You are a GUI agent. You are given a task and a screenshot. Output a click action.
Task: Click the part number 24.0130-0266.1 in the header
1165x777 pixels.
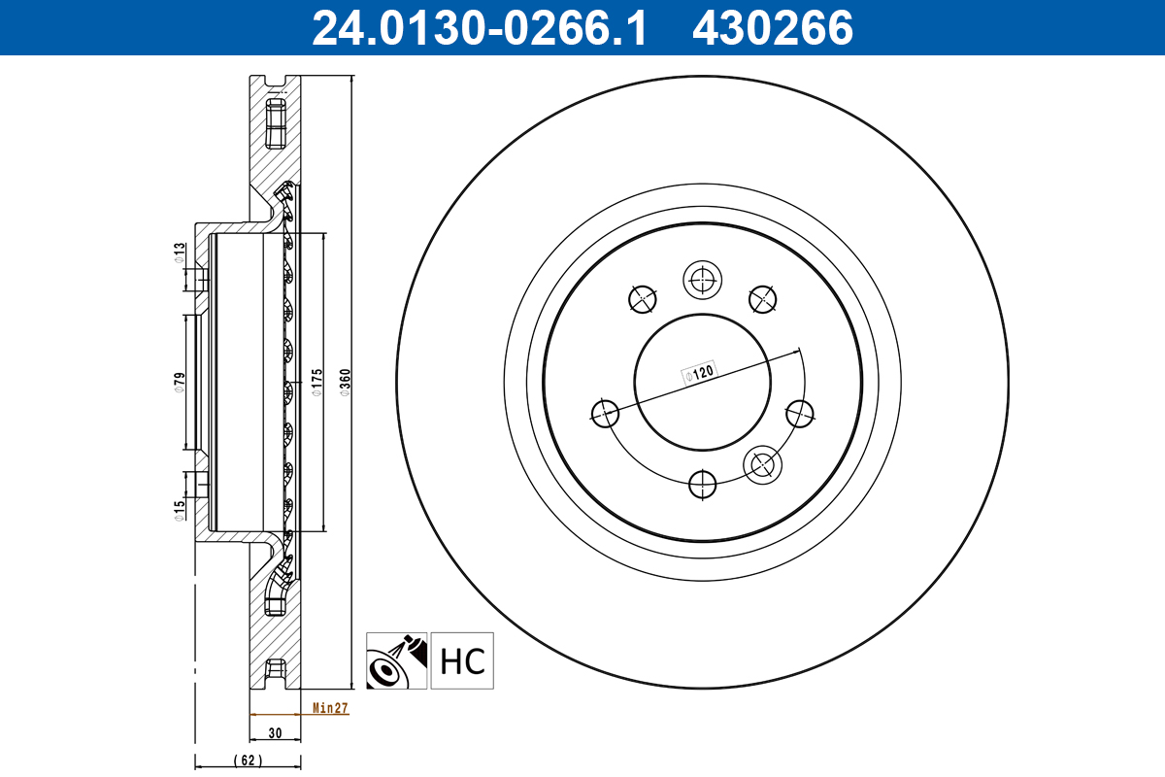click(478, 28)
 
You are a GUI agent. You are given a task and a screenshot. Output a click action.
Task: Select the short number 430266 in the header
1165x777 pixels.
click(772, 28)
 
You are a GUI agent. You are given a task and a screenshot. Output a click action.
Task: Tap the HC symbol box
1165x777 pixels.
click(462, 660)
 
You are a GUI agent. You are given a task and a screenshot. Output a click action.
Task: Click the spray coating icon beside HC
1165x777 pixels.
click(396, 660)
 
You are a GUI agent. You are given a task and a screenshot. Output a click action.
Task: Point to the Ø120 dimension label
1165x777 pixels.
click(699, 372)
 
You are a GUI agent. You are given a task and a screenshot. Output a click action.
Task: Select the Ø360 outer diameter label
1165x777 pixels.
click(344, 386)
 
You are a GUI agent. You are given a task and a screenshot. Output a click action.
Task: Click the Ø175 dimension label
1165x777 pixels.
click(316, 383)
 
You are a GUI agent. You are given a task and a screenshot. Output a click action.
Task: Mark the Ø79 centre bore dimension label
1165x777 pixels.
click(180, 381)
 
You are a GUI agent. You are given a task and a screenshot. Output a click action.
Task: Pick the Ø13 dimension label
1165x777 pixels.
click(180, 253)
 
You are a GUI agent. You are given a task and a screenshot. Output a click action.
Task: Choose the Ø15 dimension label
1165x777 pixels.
click(180, 511)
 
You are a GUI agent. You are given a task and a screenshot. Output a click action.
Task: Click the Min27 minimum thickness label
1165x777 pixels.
click(330, 708)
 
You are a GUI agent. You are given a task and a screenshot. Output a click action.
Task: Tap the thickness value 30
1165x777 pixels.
click(275, 733)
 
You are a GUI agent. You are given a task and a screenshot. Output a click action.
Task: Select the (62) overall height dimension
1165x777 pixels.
click(249, 760)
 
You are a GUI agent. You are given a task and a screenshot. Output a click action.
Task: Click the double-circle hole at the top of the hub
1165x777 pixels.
click(701, 282)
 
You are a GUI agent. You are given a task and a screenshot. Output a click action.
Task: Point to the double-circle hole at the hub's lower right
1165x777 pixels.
click(763, 466)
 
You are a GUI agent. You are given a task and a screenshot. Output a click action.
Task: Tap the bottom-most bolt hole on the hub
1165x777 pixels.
click(701, 483)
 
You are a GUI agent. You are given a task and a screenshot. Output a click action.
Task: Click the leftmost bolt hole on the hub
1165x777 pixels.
click(605, 413)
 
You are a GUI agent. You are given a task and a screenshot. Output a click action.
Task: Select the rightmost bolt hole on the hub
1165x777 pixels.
click(800, 413)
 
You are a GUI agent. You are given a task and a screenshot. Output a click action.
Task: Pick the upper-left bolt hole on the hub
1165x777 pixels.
click(642, 299)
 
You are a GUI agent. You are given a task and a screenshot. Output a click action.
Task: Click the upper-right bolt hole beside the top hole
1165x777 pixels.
click(763, 299)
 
